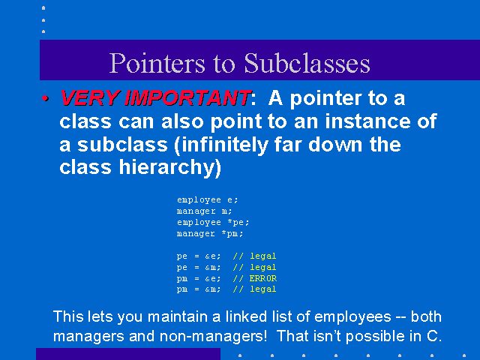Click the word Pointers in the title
click(x=157, y=63)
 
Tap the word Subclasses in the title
click(x=307, y=63)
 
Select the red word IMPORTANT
click(x=187, y=98)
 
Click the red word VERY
click(x=90, y=98)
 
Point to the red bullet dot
click(x=45, y=98)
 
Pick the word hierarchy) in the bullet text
click(x=170, y=168)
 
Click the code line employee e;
click(x=207, y=200)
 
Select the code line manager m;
click(x=204, y=211)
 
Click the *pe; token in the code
click(x=238, y=223)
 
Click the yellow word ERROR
click(x=263, y=278)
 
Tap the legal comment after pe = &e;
click(x=263, y=256)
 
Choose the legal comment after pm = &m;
click(x=263, y=289)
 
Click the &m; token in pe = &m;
click(x=213, y=268)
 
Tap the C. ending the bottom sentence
click(x=434, y=336)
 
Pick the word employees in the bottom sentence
click(x=352, y=317)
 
